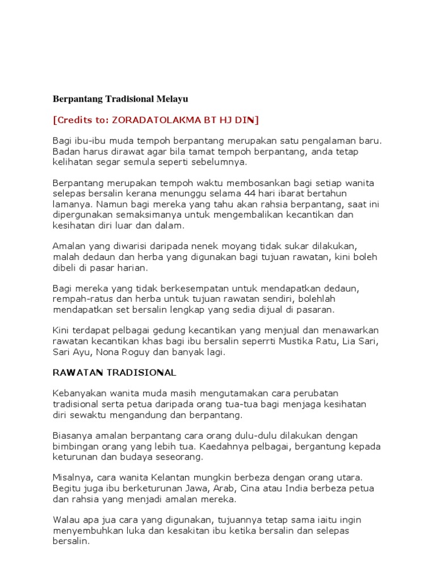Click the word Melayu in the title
[171, 99]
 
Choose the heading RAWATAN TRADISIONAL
[114, 373]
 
